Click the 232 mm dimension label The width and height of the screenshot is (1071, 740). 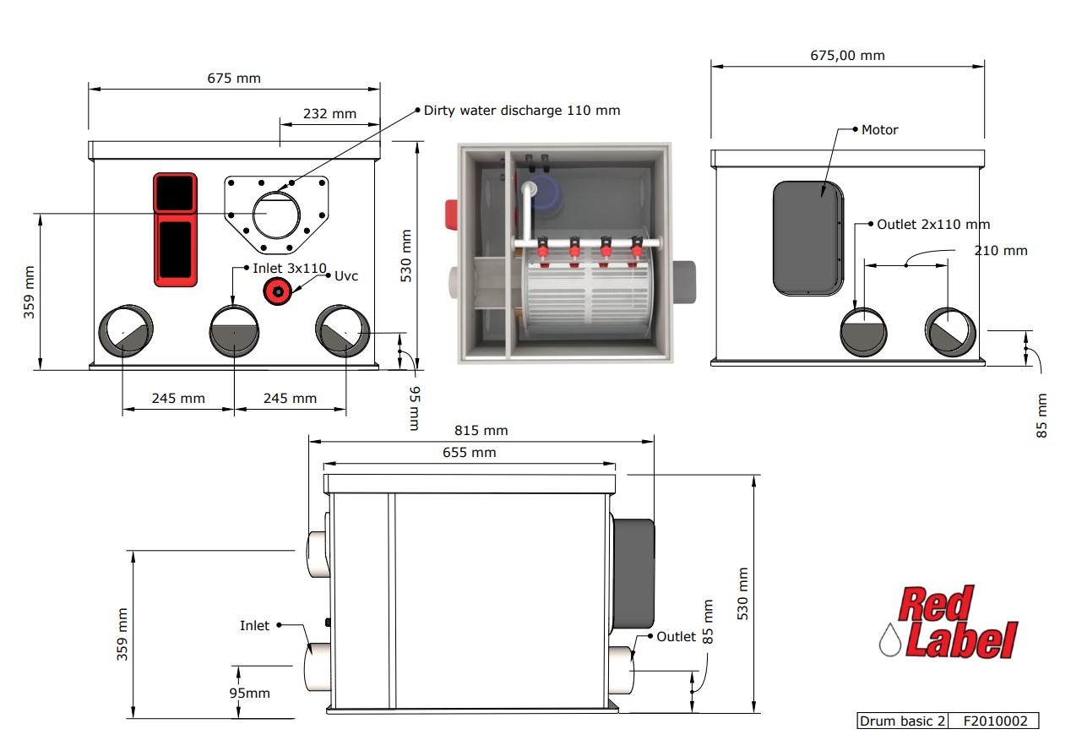point(329,113)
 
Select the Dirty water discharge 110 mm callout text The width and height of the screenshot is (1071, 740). point(521,110)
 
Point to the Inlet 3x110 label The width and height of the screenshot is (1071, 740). point(290,268)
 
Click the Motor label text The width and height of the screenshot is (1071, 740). point(879,130)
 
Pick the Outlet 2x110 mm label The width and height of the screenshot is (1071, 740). point(932,225)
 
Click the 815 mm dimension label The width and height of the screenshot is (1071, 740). point(480,430)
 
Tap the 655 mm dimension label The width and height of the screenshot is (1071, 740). point(470,453)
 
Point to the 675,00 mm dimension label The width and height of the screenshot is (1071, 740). point(847,56)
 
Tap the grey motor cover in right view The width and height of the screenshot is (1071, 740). point(807,237)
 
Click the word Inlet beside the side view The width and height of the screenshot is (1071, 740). point(254,626)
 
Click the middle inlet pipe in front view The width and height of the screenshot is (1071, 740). point(234,332)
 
